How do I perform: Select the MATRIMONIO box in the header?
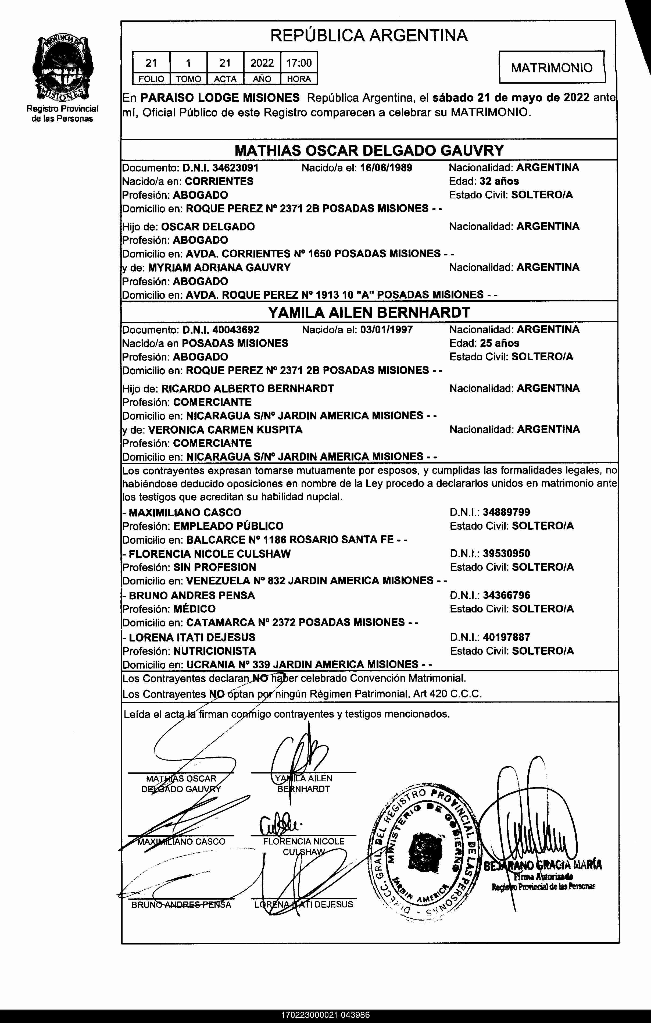pos(551,67)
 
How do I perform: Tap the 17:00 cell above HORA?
pos(299,63)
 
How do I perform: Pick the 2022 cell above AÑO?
pos(262,63)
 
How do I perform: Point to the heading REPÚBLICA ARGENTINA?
pos(369,35)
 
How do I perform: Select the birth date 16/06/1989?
pos(386,168)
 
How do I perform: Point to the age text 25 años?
pos(499,343)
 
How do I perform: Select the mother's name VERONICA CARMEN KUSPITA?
pos(225,430)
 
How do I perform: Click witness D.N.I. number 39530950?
pos(506,554)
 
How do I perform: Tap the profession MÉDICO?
pos(194,609)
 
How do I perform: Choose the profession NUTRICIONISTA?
pos(214,651)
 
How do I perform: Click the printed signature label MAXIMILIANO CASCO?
pos(181,842)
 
